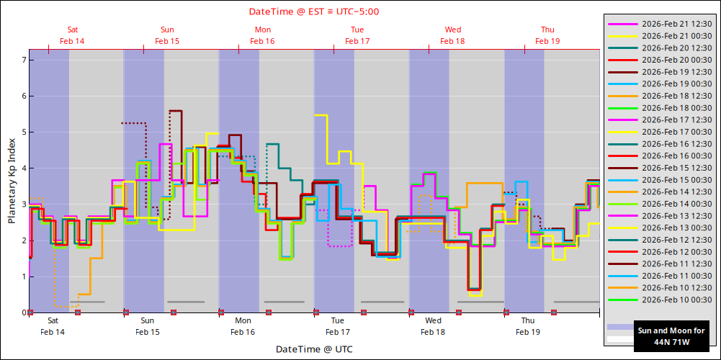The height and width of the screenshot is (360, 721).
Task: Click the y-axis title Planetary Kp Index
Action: click(x=12, y=181)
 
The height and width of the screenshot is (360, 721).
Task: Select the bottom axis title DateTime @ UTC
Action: click(x=314, y=349)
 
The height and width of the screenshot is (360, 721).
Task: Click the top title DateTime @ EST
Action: click(x=314, y=12)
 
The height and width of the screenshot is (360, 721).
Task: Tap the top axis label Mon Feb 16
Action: click(x=263, y=35)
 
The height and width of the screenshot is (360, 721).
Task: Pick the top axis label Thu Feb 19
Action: click(x=547, y=35)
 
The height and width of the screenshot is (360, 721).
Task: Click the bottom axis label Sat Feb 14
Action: click(x=53, y=326)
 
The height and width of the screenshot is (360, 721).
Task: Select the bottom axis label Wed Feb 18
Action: click(x=433, y=326)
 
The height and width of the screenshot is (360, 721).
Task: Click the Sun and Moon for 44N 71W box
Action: click(x=669, y=336)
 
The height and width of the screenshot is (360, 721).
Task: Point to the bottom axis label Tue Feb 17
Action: click(x=338, y=326)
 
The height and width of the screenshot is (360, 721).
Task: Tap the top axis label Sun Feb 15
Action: click(x=167, y=35)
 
